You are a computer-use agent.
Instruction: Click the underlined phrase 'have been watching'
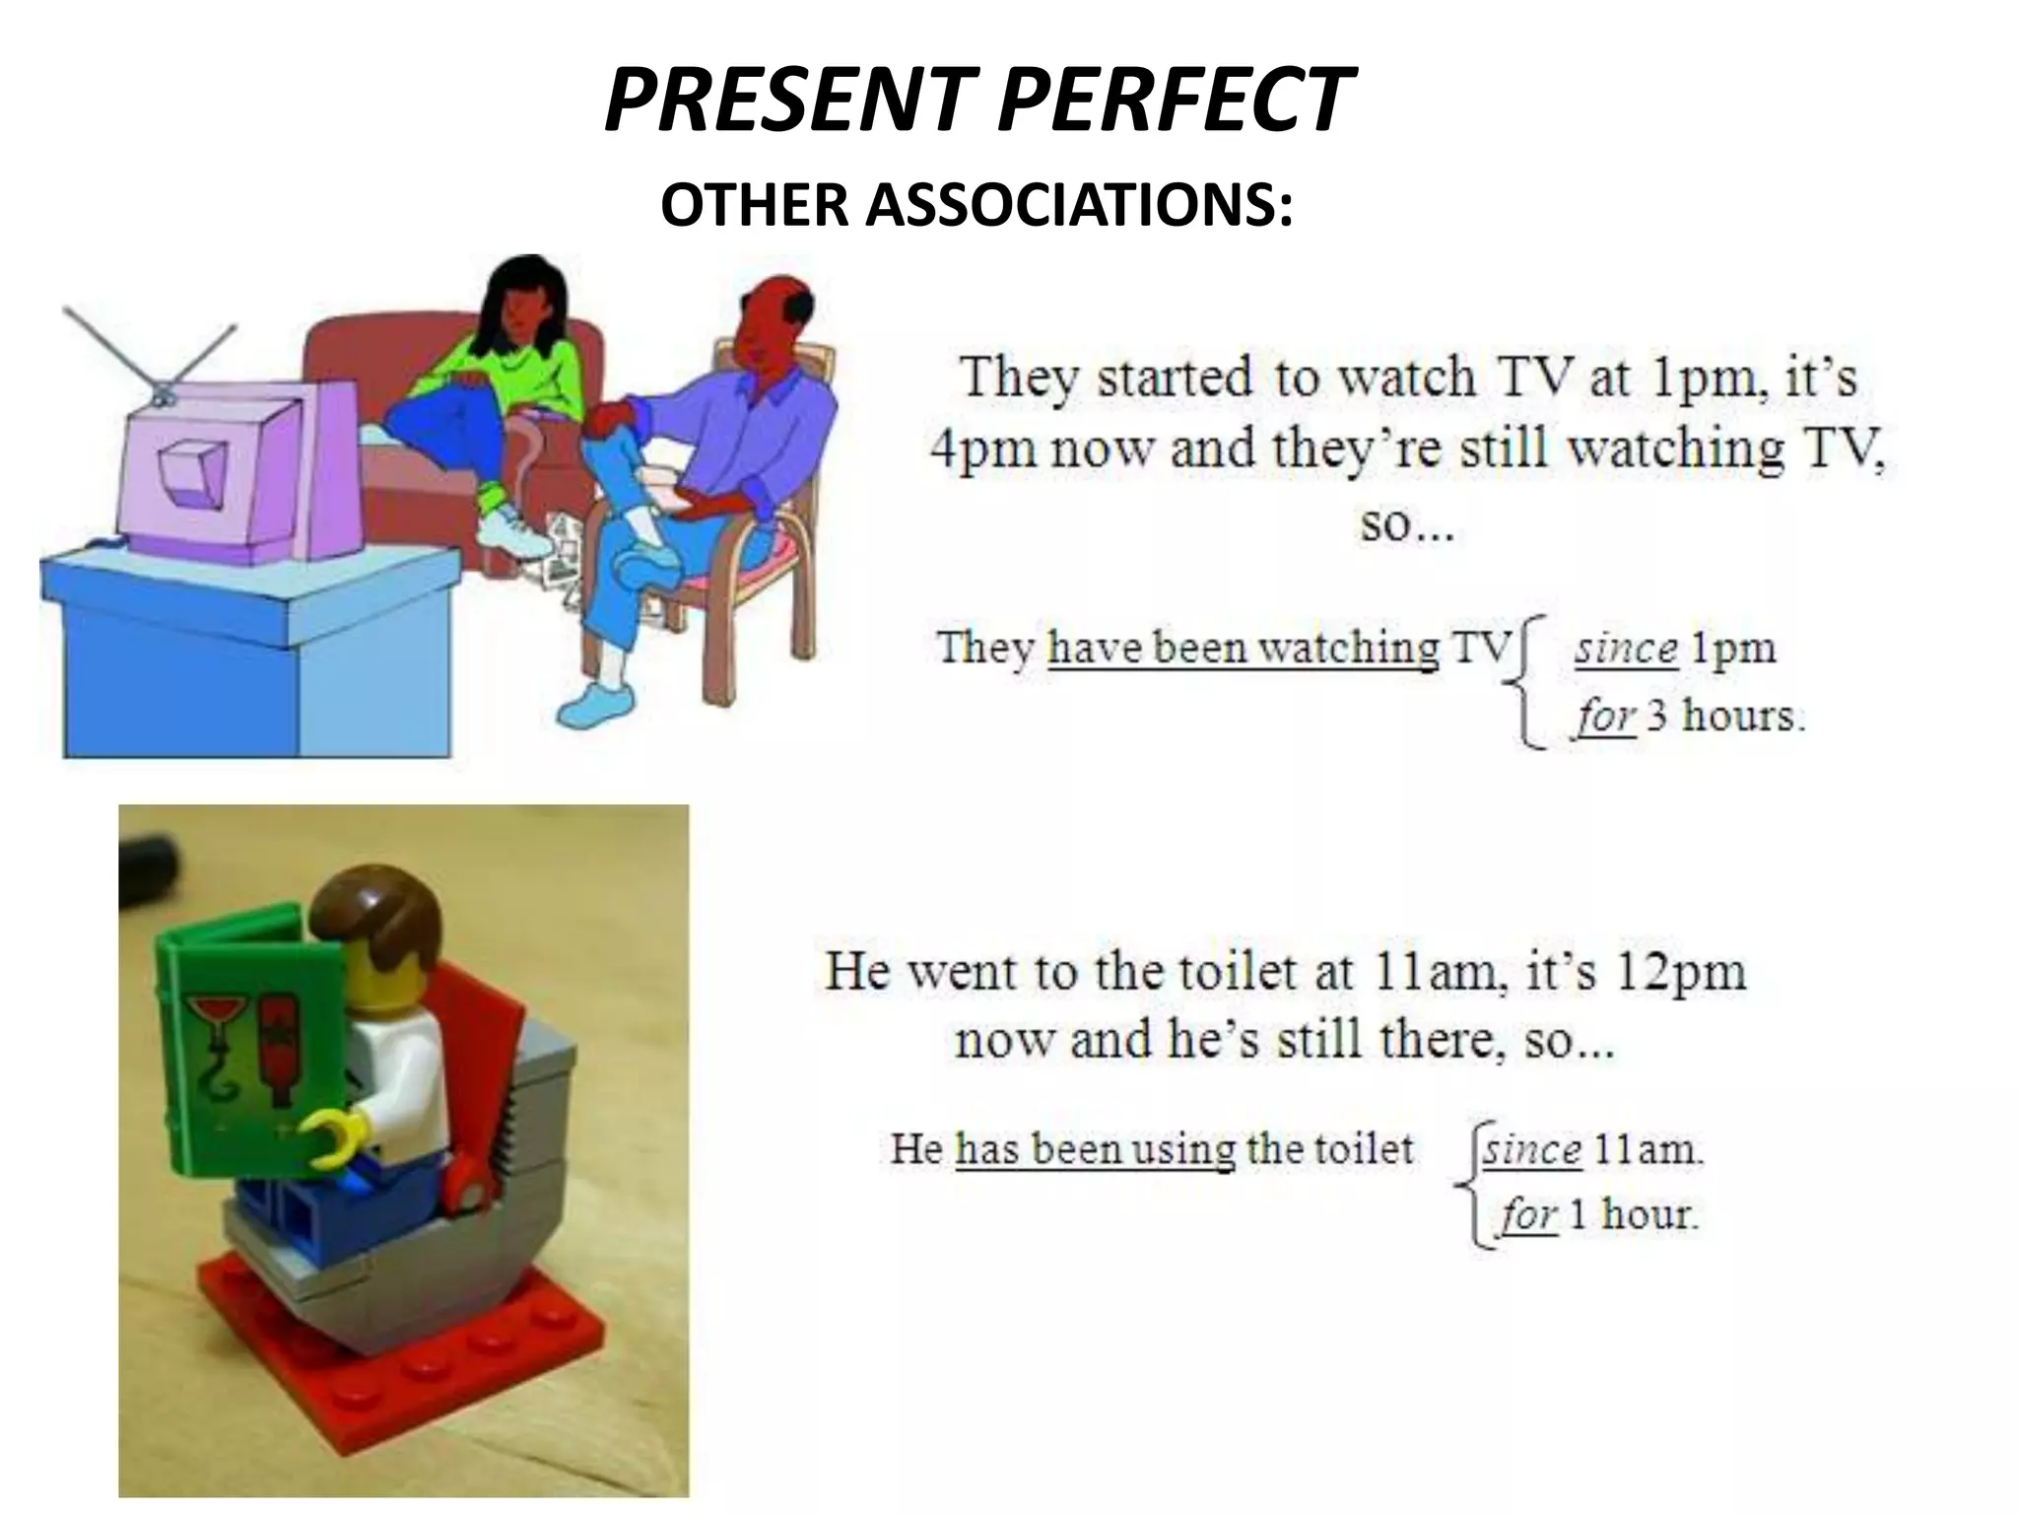(x=1243, y=648)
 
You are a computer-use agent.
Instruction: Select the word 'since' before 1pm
(x=1626, y=649)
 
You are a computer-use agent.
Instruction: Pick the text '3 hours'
(x=1724, y=715)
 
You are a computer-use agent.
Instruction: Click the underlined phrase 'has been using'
(x=1095, y=1148)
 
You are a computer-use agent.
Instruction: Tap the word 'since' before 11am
(x=1533, y=1149)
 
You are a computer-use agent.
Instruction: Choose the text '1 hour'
(x=1632, y=1213)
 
